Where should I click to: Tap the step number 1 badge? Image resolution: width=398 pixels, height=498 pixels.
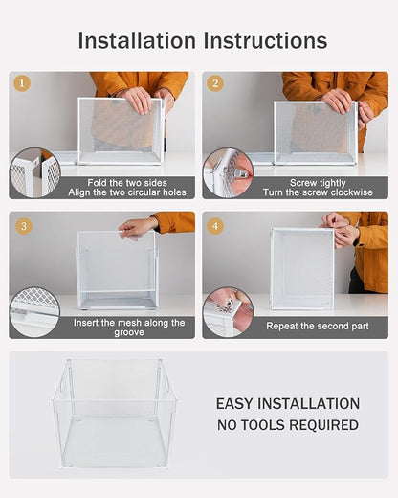[22, 83]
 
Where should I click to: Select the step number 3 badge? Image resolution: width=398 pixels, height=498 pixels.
[22, 226]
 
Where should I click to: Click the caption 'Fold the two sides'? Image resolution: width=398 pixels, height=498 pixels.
[116, 182]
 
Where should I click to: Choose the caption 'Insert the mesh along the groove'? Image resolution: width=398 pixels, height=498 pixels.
[129, 328]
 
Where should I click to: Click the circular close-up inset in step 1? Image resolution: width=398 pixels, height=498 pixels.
[35, 173]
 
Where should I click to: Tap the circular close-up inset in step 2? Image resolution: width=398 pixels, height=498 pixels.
[228, 173]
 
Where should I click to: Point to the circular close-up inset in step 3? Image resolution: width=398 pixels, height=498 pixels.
[35, 312]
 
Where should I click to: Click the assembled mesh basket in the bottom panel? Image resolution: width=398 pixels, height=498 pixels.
[114, 413]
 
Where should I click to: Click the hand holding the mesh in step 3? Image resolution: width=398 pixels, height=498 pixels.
[139, 227]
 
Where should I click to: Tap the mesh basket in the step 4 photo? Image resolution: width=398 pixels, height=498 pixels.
[301, 268]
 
